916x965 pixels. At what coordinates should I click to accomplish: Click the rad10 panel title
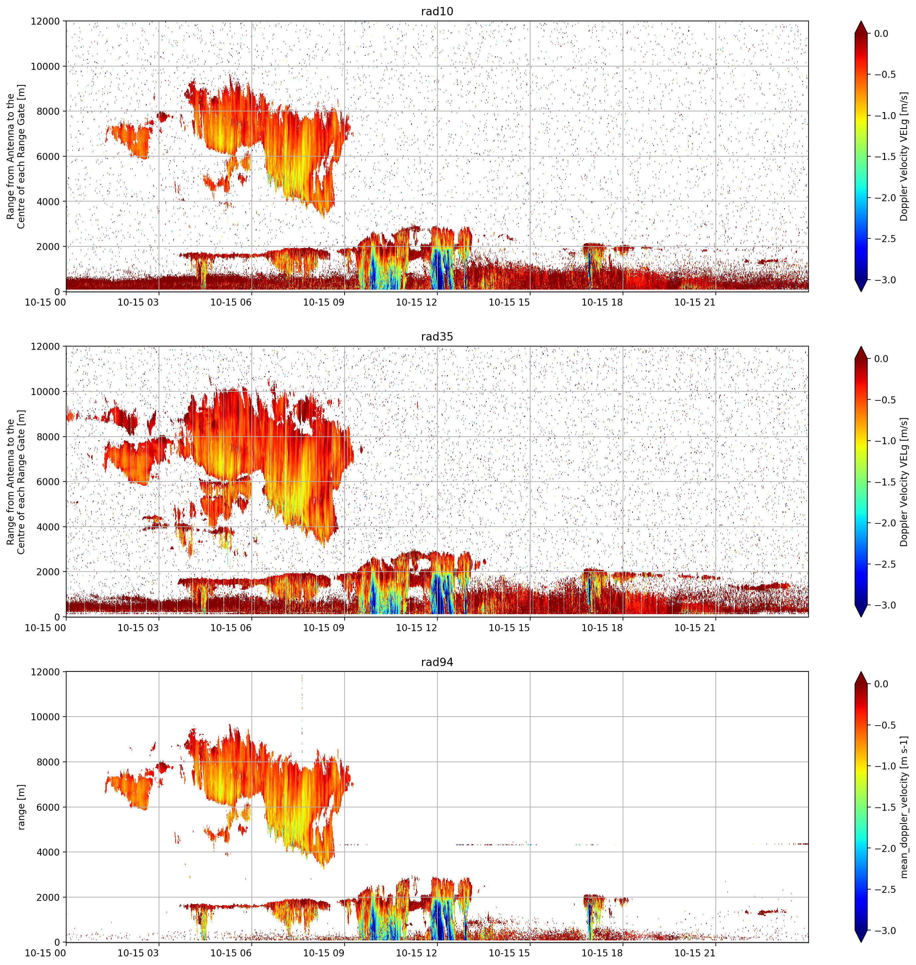coord(437,11)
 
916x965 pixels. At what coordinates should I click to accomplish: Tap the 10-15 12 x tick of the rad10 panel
coord(416,302)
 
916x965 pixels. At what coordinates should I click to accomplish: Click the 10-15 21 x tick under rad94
coord(695,953)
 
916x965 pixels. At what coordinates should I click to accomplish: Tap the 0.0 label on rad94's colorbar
coord(881,684)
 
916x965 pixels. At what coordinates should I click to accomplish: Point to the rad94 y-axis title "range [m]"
coord(21,807)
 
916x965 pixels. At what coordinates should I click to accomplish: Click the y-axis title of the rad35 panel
coord(16,482)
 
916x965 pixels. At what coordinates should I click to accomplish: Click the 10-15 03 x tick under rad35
coord(138,628)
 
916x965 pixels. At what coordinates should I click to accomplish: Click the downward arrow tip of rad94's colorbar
coord(861,942)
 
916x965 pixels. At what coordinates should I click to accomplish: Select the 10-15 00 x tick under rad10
coord(46,302)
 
